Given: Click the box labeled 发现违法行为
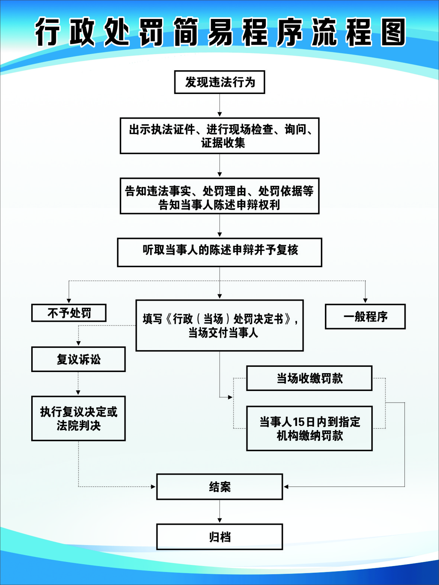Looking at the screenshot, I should pyautogui.click(x=219, y=82).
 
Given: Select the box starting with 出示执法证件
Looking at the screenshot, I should pyautogui.click(x=219, y=136).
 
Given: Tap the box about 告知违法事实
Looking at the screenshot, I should pyautogui.click(x=219, y=196).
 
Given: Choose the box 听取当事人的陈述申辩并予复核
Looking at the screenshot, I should pyautogui.click(x=219, y=252).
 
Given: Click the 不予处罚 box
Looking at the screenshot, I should pyautogui.click(x=69, y=313).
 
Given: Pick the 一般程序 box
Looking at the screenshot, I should pyautogui.click(x=365, y=317).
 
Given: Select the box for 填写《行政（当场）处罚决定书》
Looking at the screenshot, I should pyautogui.click(x=219, y=326).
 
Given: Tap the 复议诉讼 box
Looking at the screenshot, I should pyautogui.click(x=78, y=359).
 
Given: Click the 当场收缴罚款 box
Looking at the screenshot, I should pyautogui.click(x=309, y=378).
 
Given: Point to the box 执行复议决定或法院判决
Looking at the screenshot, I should pyautogui.click(x=78, y=418).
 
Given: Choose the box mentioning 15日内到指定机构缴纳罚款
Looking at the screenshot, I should pyautogui.click(x=309, y=429).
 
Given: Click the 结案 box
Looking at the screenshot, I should pyautogui.click(x=219, y=487).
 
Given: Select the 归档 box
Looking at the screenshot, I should pyautogui.click(x=219, y=537).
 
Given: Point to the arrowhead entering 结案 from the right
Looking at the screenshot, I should pyautogui.click(x=286, y=487).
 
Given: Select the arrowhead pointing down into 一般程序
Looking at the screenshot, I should pyautogui.click(x=365, y=301).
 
